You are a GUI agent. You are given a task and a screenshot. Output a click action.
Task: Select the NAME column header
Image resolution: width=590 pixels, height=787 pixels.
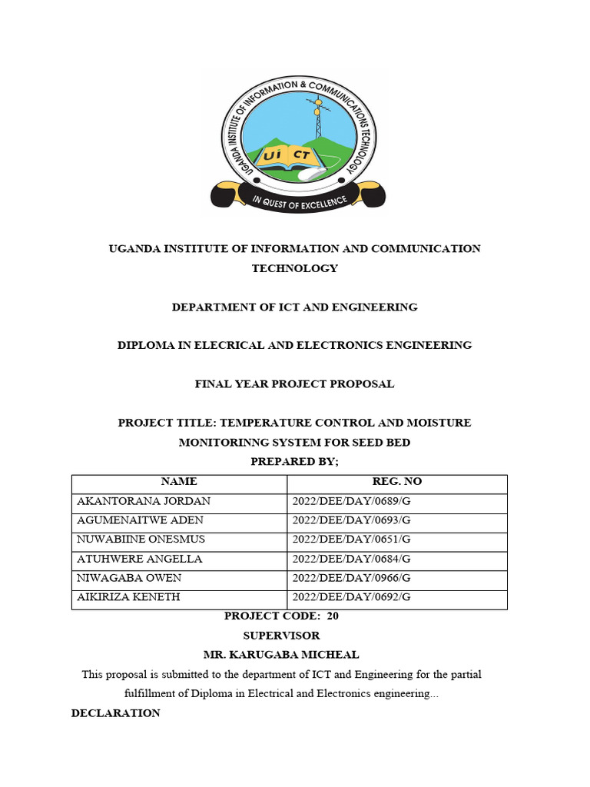click(179, 482)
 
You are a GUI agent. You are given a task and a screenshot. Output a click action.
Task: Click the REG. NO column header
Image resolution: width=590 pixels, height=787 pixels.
click(396, 482)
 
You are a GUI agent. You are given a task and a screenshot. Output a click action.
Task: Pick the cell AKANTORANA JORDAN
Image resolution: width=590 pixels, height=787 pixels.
click(144, 501)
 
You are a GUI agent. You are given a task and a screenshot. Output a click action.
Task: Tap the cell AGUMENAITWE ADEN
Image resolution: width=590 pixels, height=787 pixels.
click(141, 520)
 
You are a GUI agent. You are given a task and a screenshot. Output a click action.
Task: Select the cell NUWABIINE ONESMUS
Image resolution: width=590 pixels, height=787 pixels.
click(141, 540)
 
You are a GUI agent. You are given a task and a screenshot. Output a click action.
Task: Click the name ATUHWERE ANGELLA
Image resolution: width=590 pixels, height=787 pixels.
click(140, 559)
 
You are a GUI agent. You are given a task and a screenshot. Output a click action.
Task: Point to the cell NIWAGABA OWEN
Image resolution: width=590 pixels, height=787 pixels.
click(129, 578)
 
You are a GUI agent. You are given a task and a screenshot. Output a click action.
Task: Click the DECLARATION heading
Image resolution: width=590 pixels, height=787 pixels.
click(116, 713)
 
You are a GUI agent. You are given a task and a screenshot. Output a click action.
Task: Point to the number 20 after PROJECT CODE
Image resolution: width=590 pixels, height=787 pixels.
click(333, 616)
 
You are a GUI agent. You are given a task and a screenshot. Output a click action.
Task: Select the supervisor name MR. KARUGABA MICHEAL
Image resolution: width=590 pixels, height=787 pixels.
click(281, 655)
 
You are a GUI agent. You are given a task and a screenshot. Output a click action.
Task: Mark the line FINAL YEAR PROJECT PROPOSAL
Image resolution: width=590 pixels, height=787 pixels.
click(294, 384)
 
